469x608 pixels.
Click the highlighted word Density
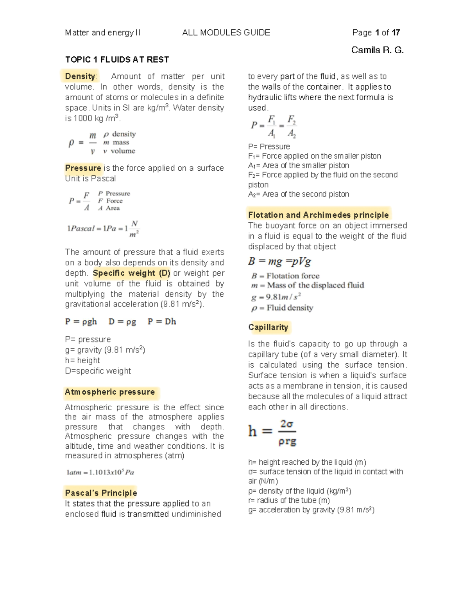[x=80, y=76]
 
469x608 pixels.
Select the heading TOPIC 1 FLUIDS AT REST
[x=117, y=60]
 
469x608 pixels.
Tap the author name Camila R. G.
[x=377, y=50]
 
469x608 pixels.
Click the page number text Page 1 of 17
[x=376, y=32]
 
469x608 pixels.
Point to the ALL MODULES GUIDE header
[x=226, y=32]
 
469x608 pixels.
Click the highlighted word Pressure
[x=83, y=168]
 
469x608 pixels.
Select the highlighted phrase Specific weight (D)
[x=131, y=273]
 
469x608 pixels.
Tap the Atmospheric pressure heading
[x=110, y=392]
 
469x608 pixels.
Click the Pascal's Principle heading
[x=101, y=493]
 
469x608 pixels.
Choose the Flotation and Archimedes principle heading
[x=319, y=215]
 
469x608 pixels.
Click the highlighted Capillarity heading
[x=268, y=327]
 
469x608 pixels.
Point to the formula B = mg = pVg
[x=279, y=261]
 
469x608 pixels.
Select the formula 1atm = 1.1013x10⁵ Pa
[x=100, y=472]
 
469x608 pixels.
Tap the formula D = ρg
[x=122, y=321]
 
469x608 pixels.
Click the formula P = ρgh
[x=81, y=321]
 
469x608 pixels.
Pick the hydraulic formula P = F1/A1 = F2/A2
[x=274, y=126]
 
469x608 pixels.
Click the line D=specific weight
[x=98, y=371]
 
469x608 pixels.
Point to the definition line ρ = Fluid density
[x=282, y=308]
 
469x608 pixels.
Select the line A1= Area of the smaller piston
[x=299, y=166]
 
